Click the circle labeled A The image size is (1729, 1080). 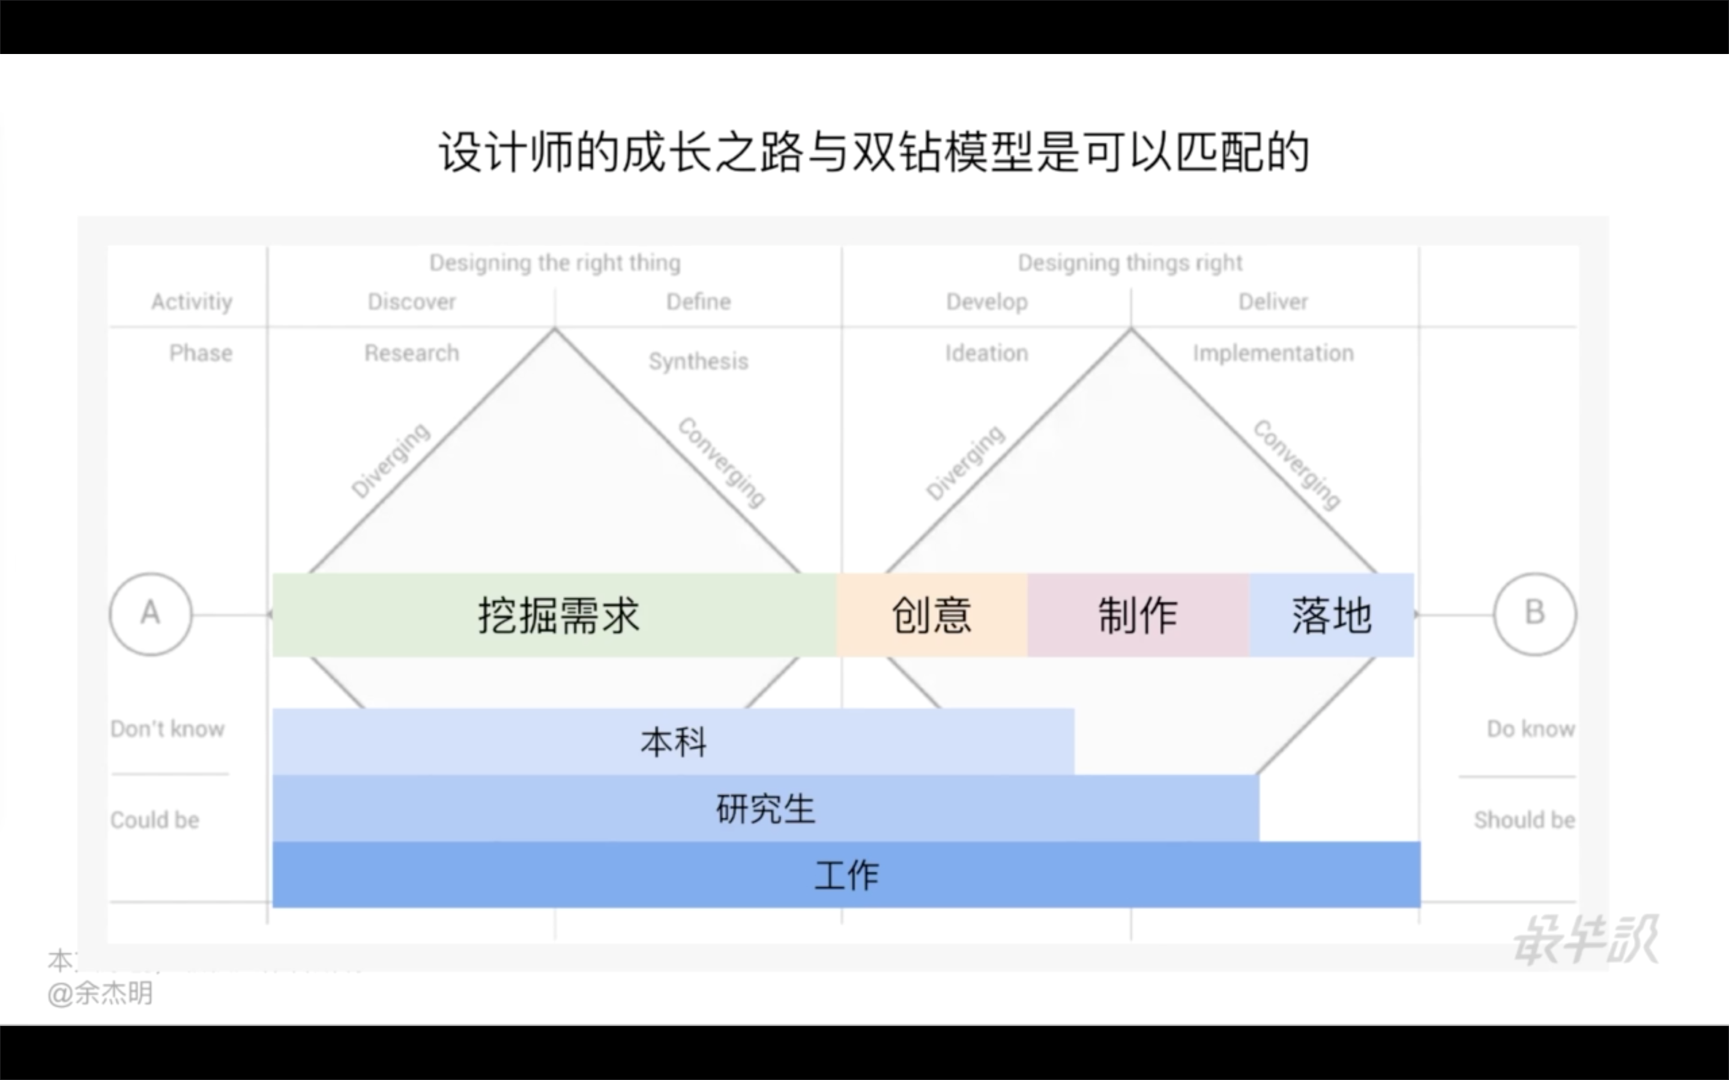pos(150,614)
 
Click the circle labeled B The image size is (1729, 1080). pos(1534,614)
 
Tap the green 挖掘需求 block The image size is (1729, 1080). pos(555,615)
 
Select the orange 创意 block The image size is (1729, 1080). pos(932,615)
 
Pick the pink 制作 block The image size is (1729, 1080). pos(1138,615)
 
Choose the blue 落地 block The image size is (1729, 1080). pos(1331,615)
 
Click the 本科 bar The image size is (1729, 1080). pos(673,742)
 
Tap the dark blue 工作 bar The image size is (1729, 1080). pos(846,875)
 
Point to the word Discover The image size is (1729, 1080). pos(411,301)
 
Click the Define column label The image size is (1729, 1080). pos(698,301)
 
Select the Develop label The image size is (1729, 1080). pos(987,301)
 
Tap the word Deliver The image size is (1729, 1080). pos(1273,301)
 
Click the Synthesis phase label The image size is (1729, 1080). pos(698,361)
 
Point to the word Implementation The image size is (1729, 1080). pos(1273,353)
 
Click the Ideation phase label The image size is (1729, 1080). pos(987,353)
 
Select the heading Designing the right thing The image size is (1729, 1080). pos(555,263)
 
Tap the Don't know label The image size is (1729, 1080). pos(167,728)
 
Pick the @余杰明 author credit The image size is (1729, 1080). pos(100,994)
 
